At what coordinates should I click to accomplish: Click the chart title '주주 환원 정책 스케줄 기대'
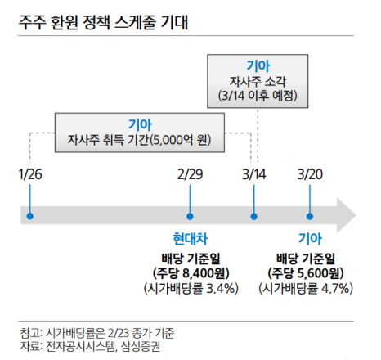tap(103, 22)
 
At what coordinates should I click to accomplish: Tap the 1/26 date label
tap(30, 174)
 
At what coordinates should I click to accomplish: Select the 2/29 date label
tap(190, 174)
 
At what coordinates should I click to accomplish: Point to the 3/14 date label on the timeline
tap(254, 174)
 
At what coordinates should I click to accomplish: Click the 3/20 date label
tap(310, 174)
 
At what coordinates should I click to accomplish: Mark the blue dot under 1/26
tap(30, 216)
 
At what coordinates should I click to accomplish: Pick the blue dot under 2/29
tap(190, 217)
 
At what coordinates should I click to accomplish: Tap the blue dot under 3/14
tap(254, 217)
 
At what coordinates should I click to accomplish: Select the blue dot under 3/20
tap(310, 217)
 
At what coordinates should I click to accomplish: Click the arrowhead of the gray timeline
tap(346, 215)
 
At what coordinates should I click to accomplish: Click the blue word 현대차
tap(190, 239)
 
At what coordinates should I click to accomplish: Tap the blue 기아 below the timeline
tap(310, 239)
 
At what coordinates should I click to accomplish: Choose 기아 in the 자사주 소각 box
tap(258, 66)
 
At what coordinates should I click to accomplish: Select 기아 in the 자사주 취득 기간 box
tap(140, 125)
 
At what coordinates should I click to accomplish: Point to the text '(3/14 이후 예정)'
tap(258, 96)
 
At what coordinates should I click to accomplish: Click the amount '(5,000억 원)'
tap(181, 140)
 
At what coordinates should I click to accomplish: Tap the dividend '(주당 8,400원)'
tap(190, 273)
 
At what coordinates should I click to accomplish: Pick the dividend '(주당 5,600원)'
tap(306, 273)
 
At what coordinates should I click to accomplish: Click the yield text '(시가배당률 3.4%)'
tap(191, 289)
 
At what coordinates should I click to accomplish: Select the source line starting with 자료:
tap(90, 347)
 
